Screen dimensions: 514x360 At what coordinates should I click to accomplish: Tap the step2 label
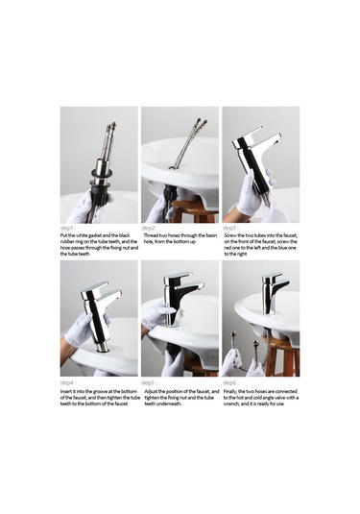click(151, 227)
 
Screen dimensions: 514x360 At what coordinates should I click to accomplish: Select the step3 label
click(231, 227)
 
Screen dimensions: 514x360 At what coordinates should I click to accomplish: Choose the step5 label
click(151, 382)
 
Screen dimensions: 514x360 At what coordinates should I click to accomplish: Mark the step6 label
click(231, 382)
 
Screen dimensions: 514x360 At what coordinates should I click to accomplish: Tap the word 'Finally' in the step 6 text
click(232, 392)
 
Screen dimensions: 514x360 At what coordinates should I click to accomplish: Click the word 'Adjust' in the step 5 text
click(154, 392)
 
